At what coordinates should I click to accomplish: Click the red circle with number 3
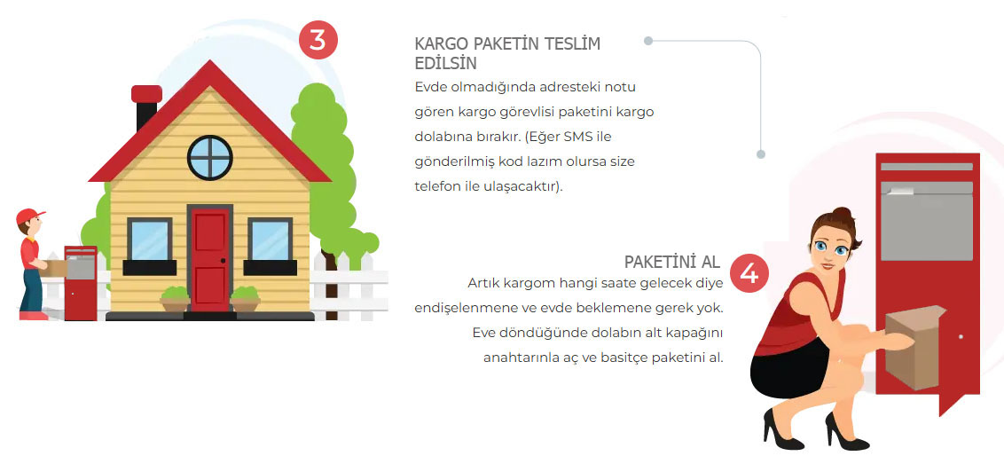(318, 40)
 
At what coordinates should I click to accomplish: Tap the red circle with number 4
(749, 273)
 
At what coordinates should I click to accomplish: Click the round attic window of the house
(210, 158)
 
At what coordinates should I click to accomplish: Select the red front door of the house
(210, 258)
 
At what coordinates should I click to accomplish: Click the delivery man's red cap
(29, 216)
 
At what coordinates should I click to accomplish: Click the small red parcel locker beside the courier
(81, 283)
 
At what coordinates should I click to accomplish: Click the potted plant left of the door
(176, 299)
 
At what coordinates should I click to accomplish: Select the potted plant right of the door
(245, 299)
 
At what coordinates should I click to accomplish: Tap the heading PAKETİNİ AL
(672, 262)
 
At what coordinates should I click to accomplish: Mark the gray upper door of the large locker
(927, 221)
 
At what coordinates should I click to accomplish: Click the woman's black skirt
(789, 368)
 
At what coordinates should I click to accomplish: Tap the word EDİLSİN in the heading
(445, 64)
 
